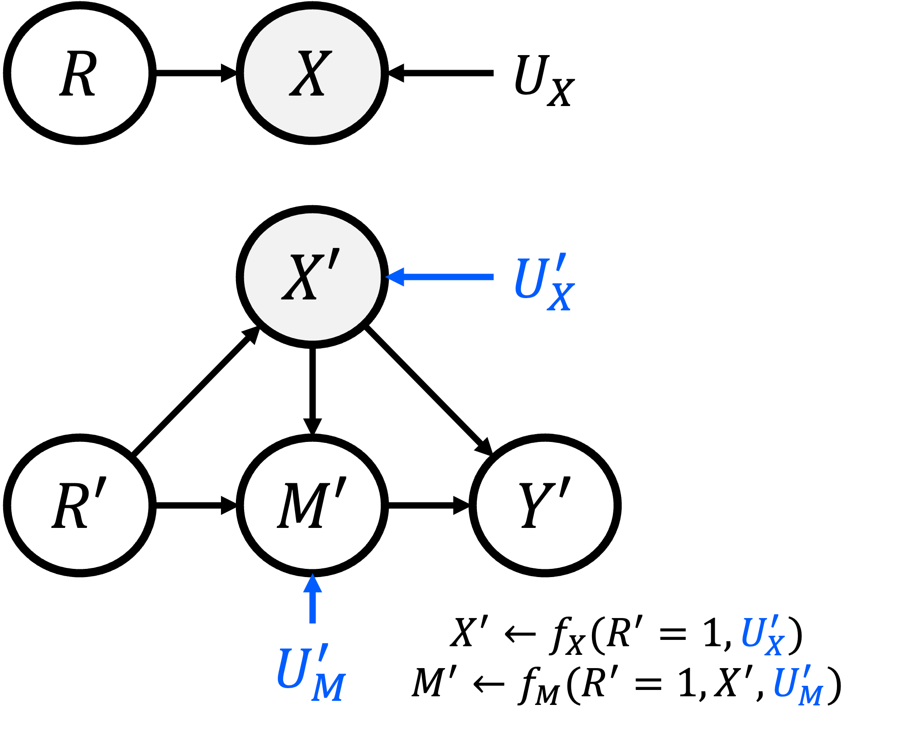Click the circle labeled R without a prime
(80, 73)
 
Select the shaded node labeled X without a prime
(312, 73)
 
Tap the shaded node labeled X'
(312, 277)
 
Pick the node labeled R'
(80, 505)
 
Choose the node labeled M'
(312, 505)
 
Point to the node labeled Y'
(545, 505)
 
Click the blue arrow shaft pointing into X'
(448, 277)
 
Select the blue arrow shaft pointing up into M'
(312, 608)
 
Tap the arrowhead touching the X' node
(395, 277)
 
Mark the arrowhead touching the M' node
(312, 583)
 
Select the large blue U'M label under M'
(311, 673)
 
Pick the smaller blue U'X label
(762, 635)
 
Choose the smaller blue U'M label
(797, 685)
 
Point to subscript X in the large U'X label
(561, 298)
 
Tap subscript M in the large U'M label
(329, 687)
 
